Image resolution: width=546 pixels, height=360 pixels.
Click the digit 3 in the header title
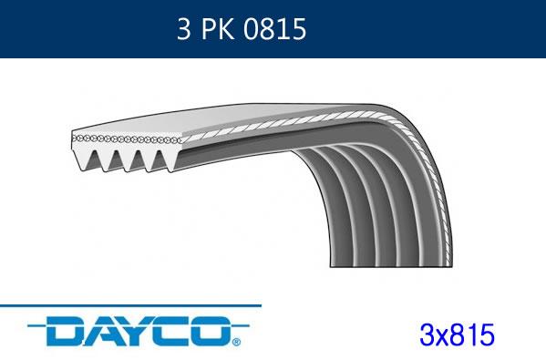pos(183,29)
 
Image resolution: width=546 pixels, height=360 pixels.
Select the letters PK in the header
pos(218,29)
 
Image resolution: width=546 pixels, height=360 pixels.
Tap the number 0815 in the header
pos(274,29)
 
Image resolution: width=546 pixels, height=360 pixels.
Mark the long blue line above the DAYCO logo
pos(130,305)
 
